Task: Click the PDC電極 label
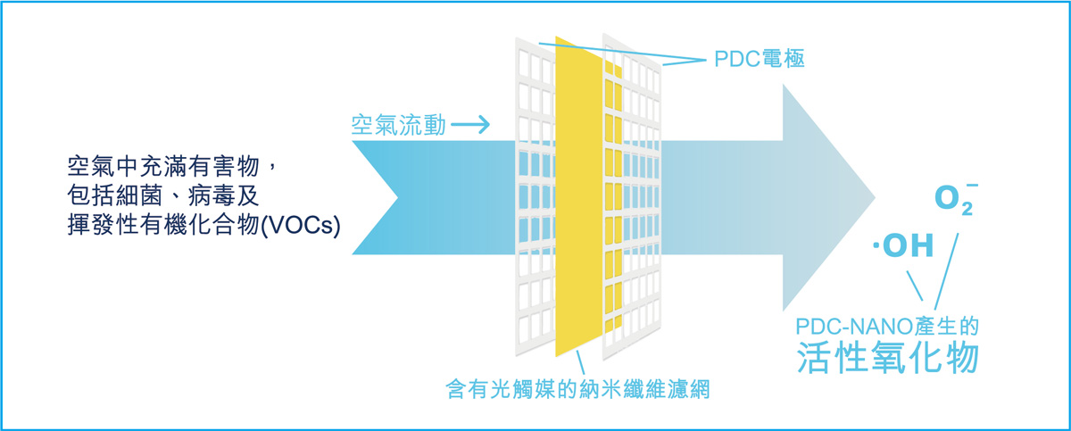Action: [760, 59]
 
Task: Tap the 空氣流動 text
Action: [398, 125]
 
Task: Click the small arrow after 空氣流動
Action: [470, 125]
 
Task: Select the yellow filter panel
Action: [578, 196]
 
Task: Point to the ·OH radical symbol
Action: [902, 245]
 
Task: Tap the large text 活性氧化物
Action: [887, 357]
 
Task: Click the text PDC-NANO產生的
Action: [887, 327]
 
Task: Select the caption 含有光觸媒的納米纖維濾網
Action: [577, 389]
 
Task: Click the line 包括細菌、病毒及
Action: [162, 195]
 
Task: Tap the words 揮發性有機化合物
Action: [163, 225]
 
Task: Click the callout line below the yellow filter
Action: [580, 362]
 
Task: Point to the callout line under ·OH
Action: [915, 286]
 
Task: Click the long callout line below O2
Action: [946, 271]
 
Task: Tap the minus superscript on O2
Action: [972, 185]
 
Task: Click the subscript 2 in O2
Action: [967, 209]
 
